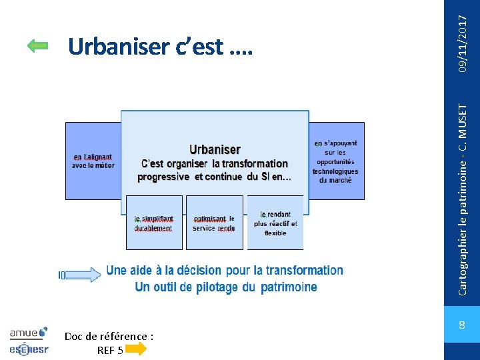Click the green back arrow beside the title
click(38, 45)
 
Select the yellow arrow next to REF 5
click(135, 349)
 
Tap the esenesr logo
click(29, 348)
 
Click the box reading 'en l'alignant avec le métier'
click(93, 161)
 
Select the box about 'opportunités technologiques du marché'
click(336, 161)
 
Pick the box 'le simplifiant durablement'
click(153, 223)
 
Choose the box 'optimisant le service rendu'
click(214, 223)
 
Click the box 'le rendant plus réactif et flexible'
click(275, 223)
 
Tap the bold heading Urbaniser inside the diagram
click(215, 149)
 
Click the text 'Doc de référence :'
click(109, 337)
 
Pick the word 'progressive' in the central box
click(164, 177)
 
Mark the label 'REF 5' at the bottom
click(110, 349)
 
